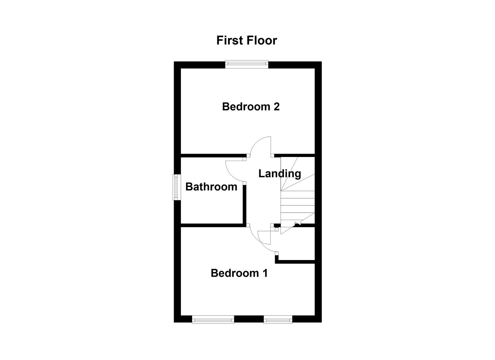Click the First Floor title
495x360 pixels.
(247, 40)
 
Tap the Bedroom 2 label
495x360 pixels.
(251, 107)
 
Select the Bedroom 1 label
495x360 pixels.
(239, 273)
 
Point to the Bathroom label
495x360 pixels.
(211, 187)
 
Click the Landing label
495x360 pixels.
(279, 173)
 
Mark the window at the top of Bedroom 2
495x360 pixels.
(246, 64)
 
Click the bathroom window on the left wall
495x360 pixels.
(176, 187)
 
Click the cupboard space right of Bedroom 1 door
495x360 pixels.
(297, 245)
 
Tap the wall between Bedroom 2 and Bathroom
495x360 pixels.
(213, 155)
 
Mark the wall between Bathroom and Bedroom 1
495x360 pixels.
(213, 225)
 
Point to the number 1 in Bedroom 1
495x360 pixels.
(265, 273)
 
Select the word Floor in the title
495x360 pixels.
(262, 40)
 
